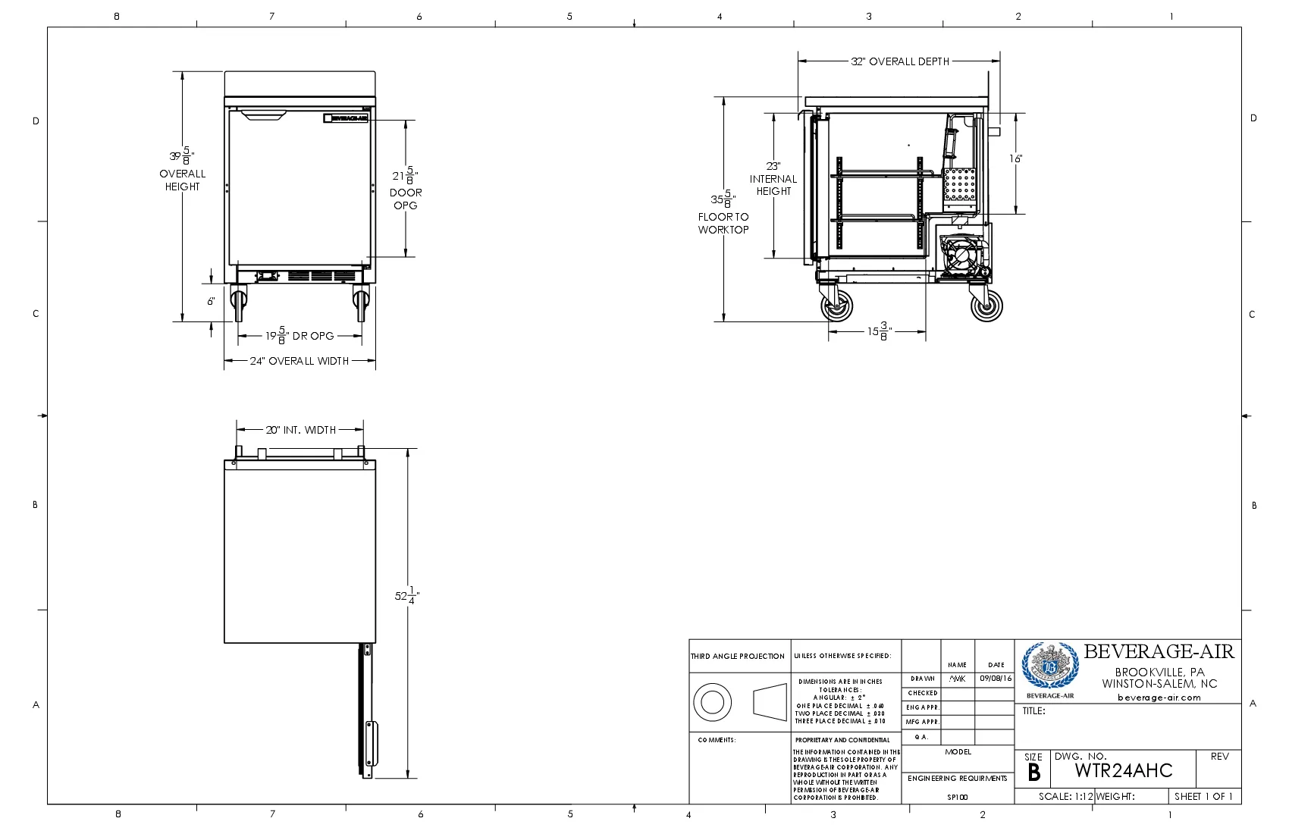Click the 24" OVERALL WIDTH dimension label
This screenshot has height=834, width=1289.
tap(300, 361)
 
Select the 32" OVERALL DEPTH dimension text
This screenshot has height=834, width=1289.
tap(900, 61)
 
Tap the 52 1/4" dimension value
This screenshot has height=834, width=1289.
tap(406, 596)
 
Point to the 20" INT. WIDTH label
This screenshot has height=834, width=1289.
tap(300, 430)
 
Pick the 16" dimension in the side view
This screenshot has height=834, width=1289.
tap(1015, 158)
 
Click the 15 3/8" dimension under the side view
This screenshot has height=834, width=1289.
tap(880, 331)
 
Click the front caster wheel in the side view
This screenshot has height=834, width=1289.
tap(837, 307)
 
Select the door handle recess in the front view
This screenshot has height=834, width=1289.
tap(264, 115)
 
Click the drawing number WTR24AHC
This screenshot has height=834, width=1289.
tap(1124, 771)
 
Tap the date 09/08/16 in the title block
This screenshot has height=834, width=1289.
tap(995, 679)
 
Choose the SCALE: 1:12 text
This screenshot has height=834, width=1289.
tap(1065, 797)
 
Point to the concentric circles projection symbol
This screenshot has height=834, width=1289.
tap(712, 701)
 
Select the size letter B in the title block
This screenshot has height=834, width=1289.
tap(1033, 773)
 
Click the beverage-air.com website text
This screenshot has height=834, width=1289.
tap(1159, 698)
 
